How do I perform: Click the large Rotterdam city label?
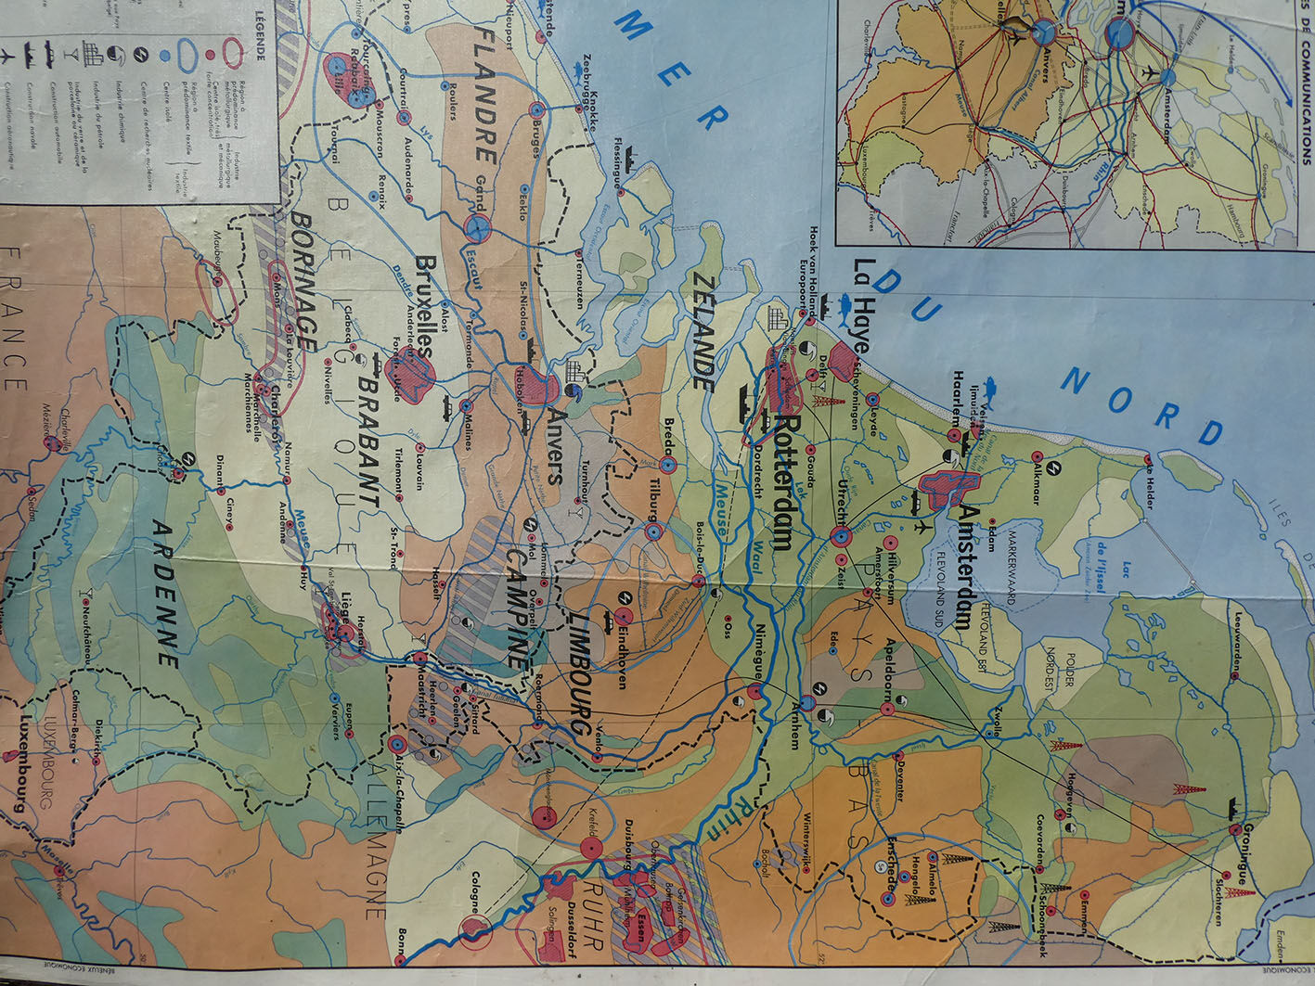[x=782, y=482]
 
